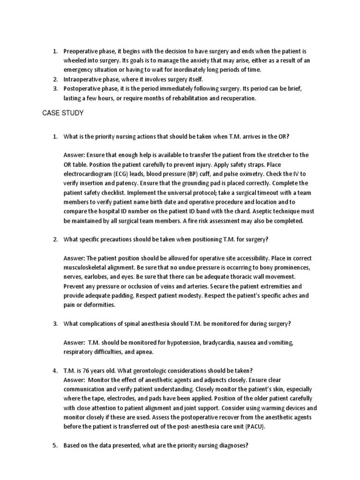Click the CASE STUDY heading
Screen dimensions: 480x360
[63, 113]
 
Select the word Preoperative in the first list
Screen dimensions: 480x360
[80, 51]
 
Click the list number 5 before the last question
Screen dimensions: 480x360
[54, 446]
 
